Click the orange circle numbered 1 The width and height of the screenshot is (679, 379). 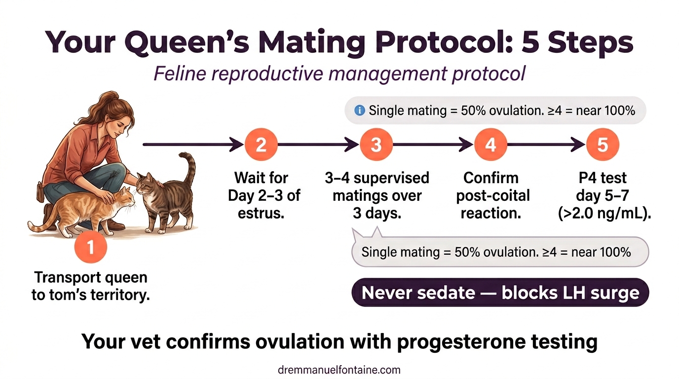(x=91, y=247)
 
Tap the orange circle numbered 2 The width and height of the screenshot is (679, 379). (x=261, y=145)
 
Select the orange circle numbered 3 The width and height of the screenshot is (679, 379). (x=376, y=145)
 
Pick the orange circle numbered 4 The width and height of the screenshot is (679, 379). (x=490, y=145)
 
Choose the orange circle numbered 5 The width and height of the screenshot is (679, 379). (x=603, y=145)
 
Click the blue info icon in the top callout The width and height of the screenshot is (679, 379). (x=360, y=111)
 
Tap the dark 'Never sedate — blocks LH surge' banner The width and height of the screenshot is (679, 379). (x=500, y=293)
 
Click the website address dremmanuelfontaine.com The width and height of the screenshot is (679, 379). (x=339, y=370)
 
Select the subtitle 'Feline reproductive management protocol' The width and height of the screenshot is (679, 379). (x=339, y=74)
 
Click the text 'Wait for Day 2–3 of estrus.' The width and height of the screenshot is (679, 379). (x=261, y=195)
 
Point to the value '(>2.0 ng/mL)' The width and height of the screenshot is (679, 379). (x=603, y=213)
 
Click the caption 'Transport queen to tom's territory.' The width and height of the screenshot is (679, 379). (x=91, y=286)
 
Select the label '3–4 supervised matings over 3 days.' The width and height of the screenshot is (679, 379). (x=377, y=195)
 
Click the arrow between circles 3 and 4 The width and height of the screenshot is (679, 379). (x=433, y=145)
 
